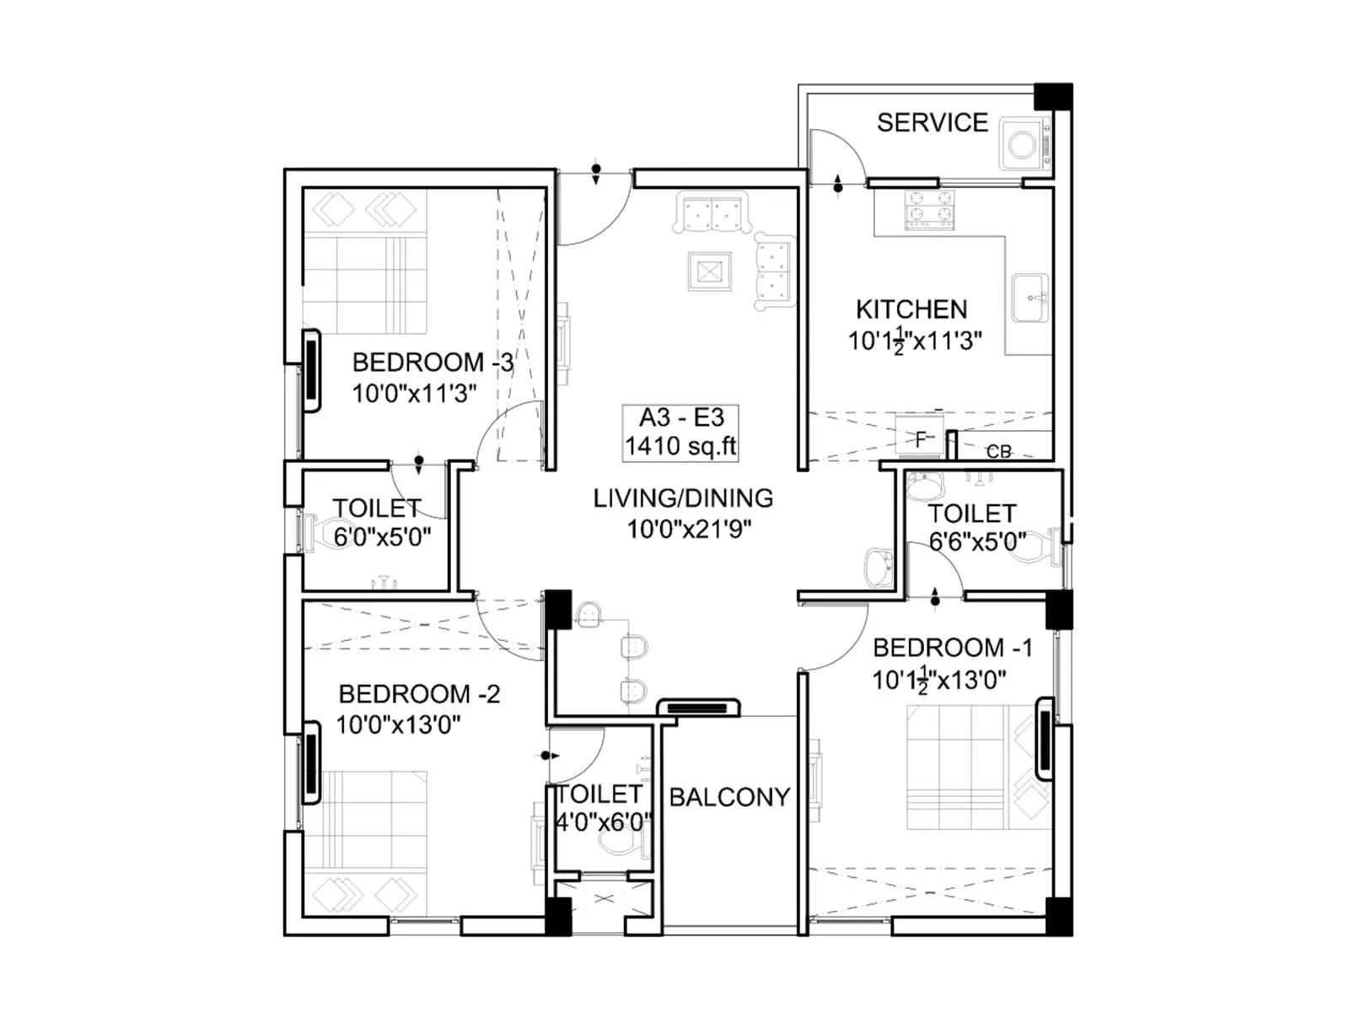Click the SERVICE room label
tap(932, 123)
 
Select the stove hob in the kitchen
tap(929, 210)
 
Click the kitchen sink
tap(1030, 298)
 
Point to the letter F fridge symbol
tap(921, 439)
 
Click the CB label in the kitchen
tap(998, 452)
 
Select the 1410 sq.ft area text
tap(680, 446)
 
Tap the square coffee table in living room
tap(709, 272)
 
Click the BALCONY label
tap(729, 797)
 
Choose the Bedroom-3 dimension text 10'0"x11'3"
tap(414, 393)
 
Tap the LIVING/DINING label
tap(683, 498)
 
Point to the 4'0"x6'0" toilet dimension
tap(604, 821)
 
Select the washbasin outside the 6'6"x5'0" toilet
tap(879, 568)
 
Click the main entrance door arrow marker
tap(596, 173)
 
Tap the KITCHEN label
tap(911, 310)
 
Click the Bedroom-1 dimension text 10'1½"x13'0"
tap(938, 680)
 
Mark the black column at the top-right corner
tap(1053, 96)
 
